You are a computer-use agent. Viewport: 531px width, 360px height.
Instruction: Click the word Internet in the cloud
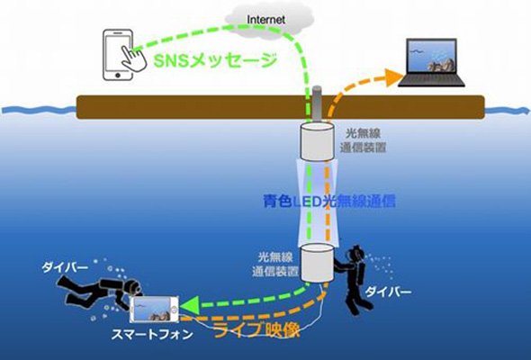tap(265, 19)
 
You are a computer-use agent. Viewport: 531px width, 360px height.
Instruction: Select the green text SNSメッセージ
tap(216, 61)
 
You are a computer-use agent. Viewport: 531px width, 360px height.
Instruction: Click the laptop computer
tap(431, 63)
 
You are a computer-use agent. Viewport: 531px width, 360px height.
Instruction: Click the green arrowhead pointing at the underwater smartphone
tap(189, 305)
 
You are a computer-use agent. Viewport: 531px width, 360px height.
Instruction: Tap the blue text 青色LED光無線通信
tap(329, 202)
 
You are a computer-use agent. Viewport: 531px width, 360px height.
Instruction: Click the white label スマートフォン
tap(152, 335)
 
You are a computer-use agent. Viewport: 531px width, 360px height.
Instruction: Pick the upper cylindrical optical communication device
tap(318, 142)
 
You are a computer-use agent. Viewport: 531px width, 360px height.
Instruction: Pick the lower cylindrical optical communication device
tap(318, 263)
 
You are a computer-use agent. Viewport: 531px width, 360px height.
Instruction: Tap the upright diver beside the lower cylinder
tap(355, 280)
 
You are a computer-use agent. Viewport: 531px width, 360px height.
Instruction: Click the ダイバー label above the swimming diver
tap(65, 267)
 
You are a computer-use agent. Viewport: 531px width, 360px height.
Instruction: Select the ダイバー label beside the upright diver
tap(389, 292)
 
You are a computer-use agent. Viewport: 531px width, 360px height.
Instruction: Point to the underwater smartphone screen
tap(152, 310)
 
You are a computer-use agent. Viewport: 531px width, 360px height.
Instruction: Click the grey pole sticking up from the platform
tap(318, 103)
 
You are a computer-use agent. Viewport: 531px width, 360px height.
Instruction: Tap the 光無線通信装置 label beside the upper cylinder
tap(363, 140)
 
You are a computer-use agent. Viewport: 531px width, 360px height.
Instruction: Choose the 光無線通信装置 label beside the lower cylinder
tap(275, 265)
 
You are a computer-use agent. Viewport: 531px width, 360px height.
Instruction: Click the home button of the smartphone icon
tap(118, 76)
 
